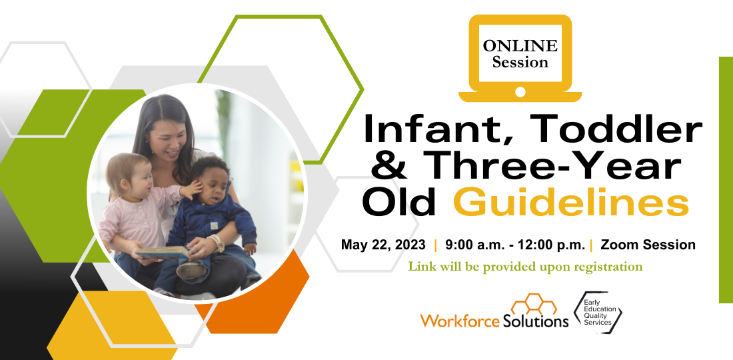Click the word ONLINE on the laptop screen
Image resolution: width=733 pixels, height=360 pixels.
click(520, 46)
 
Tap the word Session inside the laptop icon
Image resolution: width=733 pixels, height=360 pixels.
click(520, 62)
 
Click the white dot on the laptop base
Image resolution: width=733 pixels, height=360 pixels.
click(520, 92)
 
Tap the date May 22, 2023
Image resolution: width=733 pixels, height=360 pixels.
click(383, 245)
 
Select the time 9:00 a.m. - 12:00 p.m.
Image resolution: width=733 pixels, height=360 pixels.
click(515, 245)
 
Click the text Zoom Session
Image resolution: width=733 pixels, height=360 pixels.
click(648, 245)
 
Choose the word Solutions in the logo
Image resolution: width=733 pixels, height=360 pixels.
click(536, 321)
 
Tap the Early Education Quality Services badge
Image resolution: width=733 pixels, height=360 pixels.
click(599, 312)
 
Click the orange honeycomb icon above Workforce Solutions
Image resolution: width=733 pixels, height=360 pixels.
click(534, 304)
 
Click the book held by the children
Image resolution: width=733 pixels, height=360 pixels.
click(162, 253)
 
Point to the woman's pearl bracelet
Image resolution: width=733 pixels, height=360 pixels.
click(217, 243)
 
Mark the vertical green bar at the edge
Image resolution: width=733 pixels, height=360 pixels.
click(726, 180)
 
